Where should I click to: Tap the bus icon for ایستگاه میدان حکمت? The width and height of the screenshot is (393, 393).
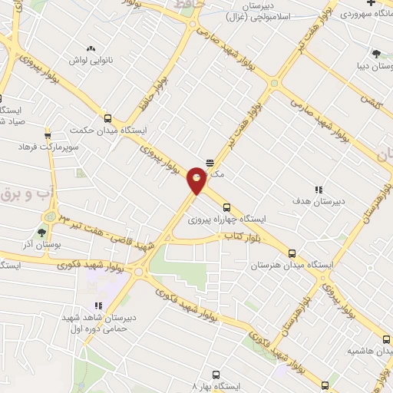107,118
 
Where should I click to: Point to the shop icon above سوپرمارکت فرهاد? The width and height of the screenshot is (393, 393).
48,134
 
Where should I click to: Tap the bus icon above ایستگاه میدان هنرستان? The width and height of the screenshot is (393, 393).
291,253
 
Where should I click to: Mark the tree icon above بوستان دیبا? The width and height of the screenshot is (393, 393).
375,53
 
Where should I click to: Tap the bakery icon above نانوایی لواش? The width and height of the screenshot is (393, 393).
91,48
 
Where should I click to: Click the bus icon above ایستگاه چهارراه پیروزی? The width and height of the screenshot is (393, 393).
226,207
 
